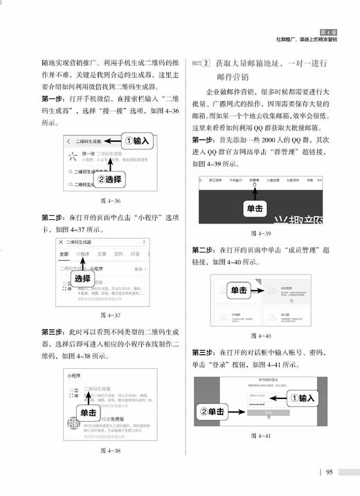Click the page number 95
330,472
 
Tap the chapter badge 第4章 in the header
331,31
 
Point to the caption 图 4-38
111,450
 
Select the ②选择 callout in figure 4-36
109,178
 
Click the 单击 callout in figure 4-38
89,412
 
